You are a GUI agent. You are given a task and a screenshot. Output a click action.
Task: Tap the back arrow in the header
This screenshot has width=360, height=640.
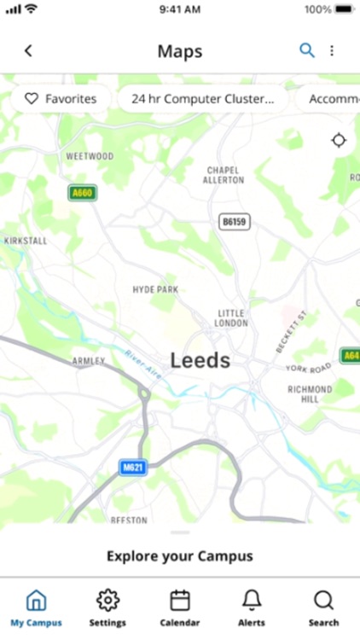[x=28, y=51]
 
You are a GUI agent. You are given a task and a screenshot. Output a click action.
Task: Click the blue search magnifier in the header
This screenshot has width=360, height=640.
[x=306, y=50]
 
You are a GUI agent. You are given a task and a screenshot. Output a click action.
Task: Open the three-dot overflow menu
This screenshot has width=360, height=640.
[x=332, y=51]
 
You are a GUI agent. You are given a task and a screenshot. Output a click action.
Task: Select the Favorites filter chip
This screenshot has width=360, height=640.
[x=61, y=99]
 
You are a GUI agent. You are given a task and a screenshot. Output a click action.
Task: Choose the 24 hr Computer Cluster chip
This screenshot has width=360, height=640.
[x=202, y=99]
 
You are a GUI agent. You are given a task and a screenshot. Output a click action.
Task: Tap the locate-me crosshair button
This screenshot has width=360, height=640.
[x=339, y=140]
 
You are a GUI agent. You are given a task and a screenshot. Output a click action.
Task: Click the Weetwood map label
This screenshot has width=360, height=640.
[x=90, y=157]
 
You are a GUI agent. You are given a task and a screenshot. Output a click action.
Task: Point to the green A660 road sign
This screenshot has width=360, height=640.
[x=83, y=193]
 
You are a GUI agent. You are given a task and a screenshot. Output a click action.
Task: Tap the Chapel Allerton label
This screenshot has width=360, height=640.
[x=224, y=175]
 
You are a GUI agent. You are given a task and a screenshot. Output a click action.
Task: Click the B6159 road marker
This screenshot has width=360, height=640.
[x=233, y=221]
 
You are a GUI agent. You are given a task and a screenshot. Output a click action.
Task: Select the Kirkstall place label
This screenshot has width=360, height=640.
[x=26, y=241]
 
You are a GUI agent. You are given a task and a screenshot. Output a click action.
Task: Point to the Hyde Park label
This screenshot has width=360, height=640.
[x=155, y=290]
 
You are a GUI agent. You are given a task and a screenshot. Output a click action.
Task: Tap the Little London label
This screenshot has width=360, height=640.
[x=232, y=318]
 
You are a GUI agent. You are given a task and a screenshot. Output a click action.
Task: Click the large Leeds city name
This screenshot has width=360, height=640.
[x=200, y=360]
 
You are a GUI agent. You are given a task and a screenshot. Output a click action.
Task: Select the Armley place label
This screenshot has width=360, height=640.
[x=89, y=361]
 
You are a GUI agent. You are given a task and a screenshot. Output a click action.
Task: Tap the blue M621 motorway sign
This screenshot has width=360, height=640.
[x=132, y=468]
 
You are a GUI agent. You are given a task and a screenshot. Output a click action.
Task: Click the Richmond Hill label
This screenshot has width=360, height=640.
[x=309, y=393]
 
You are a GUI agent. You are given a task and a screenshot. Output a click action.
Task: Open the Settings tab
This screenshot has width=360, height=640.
[x=107, y=608]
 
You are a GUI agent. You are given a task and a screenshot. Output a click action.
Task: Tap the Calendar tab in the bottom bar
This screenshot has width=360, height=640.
[x=179, y=608]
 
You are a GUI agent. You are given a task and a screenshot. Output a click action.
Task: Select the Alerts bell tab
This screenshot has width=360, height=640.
[x=252, y=608]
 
